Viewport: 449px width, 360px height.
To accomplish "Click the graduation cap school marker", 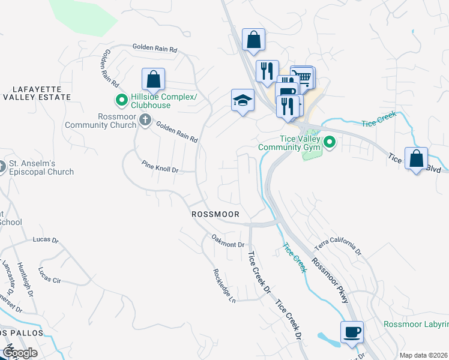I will point(243,100).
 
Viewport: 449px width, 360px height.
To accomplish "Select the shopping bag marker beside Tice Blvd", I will point(416,159).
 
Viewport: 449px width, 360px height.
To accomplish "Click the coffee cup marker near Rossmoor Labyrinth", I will point(352,332).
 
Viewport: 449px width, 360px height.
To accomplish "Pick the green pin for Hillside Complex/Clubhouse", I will point(121,100).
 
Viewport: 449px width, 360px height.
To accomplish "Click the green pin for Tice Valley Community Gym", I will point(330,142).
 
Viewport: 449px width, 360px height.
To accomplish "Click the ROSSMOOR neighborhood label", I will point(215,214).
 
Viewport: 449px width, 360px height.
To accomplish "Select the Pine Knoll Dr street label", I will point(160,166).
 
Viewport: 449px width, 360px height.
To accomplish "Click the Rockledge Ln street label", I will point(224,285).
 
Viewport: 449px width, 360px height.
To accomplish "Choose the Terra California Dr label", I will point(340,241).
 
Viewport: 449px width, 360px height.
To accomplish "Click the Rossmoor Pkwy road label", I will point(329,280).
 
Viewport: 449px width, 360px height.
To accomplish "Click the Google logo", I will point(19,353).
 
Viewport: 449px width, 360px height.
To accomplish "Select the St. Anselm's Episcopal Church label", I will point(40,167).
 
